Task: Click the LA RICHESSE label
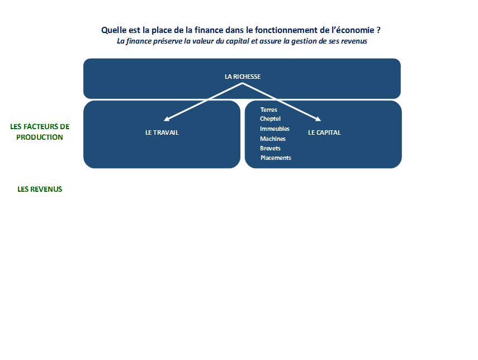point(243,77)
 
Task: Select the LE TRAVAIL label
point(162,132)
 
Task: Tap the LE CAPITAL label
point(324,132)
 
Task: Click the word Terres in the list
point(268,110)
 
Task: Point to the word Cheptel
point(270,119)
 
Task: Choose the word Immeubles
point(275,129)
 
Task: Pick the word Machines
point(272,139)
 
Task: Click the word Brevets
point(270,149)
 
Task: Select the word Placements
point(276,158)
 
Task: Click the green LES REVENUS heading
point(40,190)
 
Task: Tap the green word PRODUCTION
point(40,138)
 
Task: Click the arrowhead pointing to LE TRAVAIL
point(167,119)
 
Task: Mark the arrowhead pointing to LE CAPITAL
point(318,119)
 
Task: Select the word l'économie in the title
point(353,30)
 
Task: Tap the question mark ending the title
point(378,30)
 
